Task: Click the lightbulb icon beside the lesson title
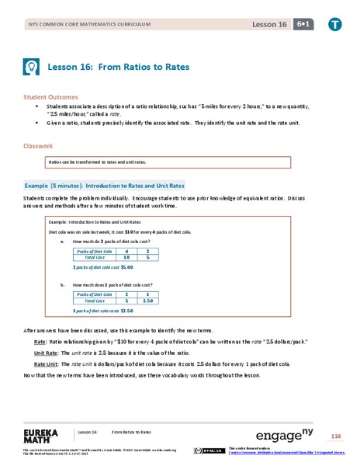click(x=33, y=67)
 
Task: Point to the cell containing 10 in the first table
click(x=126, y=258)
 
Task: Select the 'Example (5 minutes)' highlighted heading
click(x=105, y=186)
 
